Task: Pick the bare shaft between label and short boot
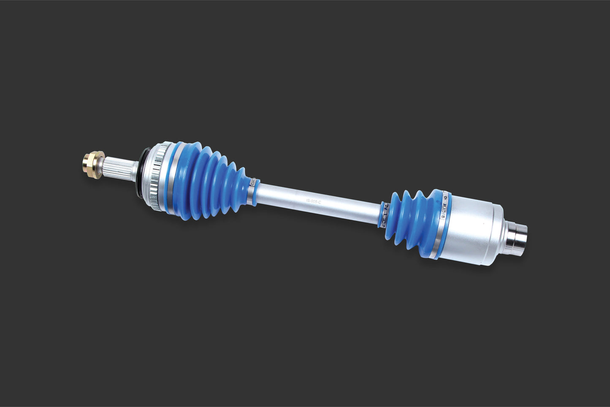tap(355, 208)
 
